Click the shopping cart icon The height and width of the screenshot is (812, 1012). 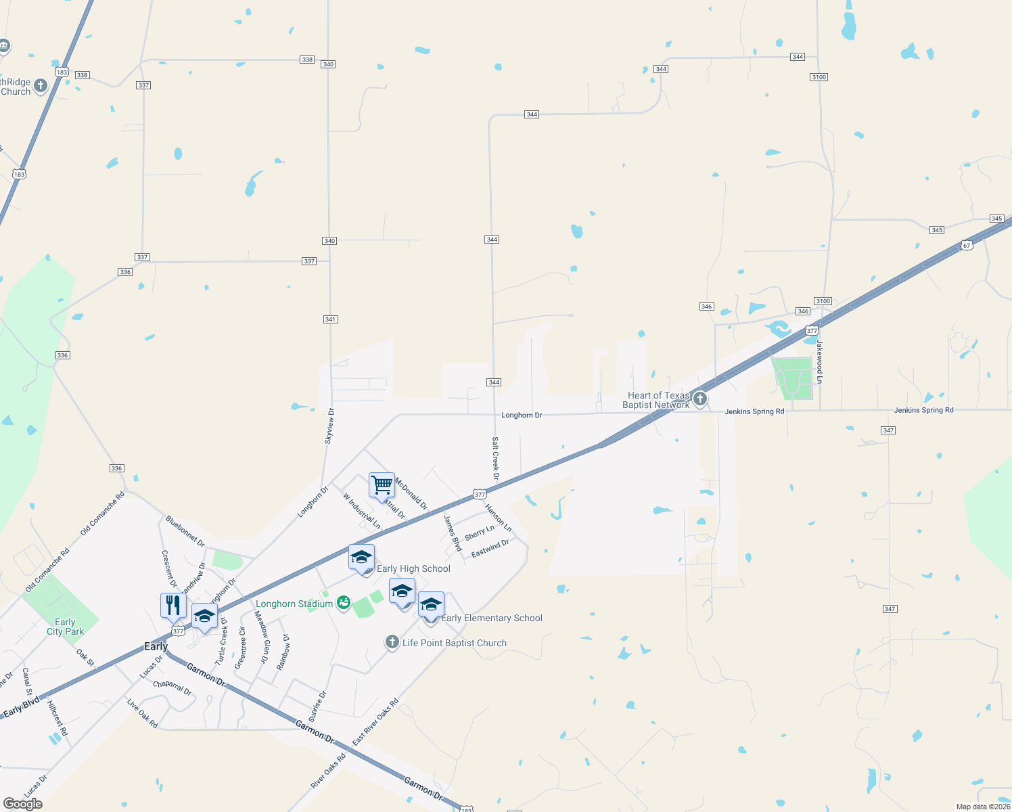pyautogui.click(x=382, y=485)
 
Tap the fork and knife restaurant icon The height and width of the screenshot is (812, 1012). pyautogui.click(x=173, y=605)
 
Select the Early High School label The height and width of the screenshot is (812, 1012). pyautogui.click(x=413, y=568)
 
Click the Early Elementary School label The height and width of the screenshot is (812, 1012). pyautogui.click(x=491, y=618)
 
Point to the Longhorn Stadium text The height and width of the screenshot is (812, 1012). pyautogui.click(x=294, y=604)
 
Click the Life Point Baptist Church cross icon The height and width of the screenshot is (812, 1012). pyautogui.click(x=392, y=642)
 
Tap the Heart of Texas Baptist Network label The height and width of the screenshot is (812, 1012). pyautogui.click(x=658, y=400)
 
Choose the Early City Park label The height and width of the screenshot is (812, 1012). pyautogui.click(x=65, y=627)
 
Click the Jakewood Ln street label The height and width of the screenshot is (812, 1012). pyautogui.click(x=819, y=361)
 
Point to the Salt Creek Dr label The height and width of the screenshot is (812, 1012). pyautogui.click(x=496, y=458)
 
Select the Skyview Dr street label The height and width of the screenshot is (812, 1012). pyautogui.click(x=329, y=426)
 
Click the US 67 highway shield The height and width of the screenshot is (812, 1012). pyautogui.click(x=967, y=245)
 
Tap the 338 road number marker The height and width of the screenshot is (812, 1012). pyautogui.click(x=307, y=60)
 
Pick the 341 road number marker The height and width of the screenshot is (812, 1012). pyautogui.click(x=330, y=319)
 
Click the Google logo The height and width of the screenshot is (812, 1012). pyautogui.click(x=22, y=804)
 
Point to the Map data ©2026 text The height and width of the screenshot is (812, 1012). pyautogui.click(x=982, y=807)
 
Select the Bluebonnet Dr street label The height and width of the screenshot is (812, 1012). pyautogui.click(x=185, y=531)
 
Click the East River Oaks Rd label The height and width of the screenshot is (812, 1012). pyautogui.click(x=375, y=721)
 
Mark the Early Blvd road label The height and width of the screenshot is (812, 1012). pyautogui.click(x=22, y=707)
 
